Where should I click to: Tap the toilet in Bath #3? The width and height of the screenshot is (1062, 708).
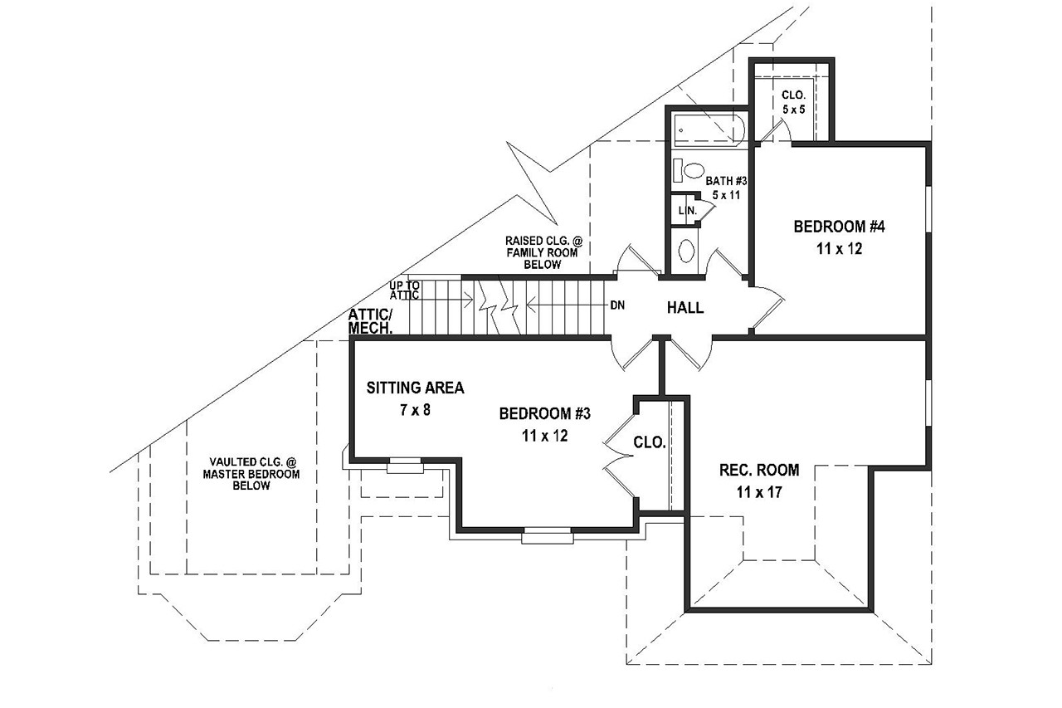(x=685, y=171)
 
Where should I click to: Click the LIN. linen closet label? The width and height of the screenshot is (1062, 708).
(x=687, y=211)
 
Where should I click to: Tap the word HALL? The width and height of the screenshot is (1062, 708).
(x=685, y=308)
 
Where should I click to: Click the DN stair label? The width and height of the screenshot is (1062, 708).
(x=618, y=305)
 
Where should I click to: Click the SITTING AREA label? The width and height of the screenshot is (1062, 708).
(x=415, y=388)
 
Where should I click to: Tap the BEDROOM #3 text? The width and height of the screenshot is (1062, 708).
(x=545, y=413)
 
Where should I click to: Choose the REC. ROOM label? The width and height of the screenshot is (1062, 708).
(x=758, y=471)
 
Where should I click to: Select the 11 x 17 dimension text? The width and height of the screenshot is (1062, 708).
(x=759, y=492)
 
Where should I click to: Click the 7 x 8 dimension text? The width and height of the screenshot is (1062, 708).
(x=415, y=409)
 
